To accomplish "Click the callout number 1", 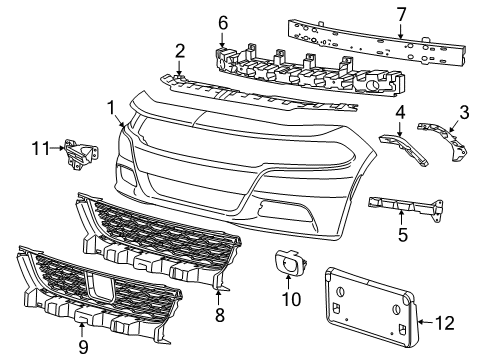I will (x=111, y=106).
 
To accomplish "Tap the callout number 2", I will (x=180, y=50).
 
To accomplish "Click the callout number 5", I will (x=402, y=236).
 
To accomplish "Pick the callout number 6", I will (x=224, y=21).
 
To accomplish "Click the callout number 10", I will (x=296, y=325).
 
